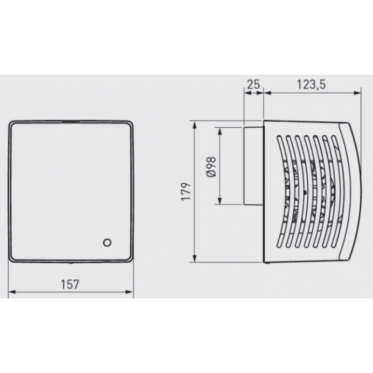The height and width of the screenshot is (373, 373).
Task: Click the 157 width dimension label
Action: pyautogui.click(x=70, y=285)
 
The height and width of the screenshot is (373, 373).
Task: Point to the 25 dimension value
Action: pyautogui.click(x=253, y=84)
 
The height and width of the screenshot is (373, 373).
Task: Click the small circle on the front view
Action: pyautogui.click(x=107, y=242)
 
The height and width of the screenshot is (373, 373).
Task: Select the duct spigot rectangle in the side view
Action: pyautogui.click(x=254, y=166)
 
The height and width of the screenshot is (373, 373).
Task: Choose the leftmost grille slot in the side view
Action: pyautogui.click(x=280, y=190)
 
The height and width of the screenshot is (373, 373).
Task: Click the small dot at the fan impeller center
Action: pyautogui.click(x=305, y=192)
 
